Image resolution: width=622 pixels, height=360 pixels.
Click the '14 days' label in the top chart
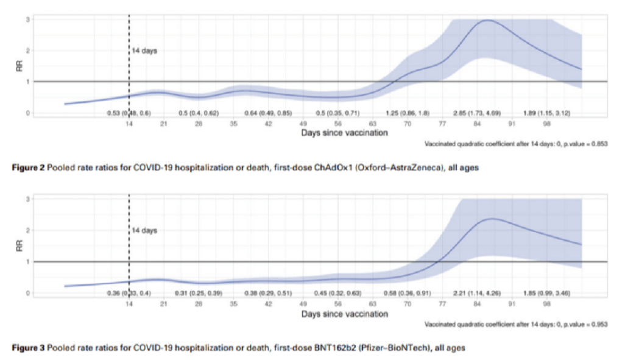[144, 51]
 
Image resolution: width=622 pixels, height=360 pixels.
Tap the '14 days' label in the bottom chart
[144, 231]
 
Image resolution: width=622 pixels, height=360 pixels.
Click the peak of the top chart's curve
[487, 21]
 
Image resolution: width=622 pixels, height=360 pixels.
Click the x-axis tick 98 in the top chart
[547, 122]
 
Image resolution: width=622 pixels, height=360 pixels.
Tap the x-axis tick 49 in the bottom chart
[303, 303]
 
